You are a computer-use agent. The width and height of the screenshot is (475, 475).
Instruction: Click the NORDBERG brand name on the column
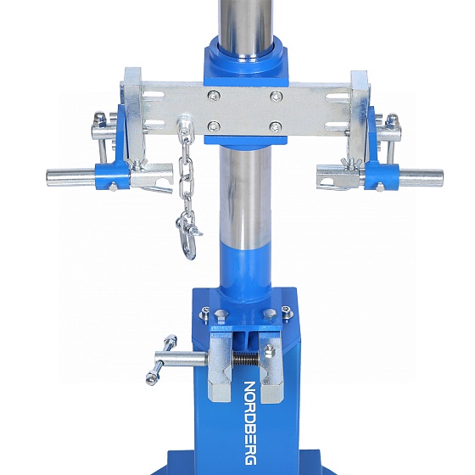pyautogui.click(x=250, y=424)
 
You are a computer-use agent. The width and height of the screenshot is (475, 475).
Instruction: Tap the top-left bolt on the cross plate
pyautogui.click(x=214, y=96)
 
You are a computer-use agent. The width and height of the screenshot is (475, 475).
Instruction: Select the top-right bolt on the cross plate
pyautogui.click(x=276, y=97)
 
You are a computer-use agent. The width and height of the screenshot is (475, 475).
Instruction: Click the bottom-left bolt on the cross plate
pyautogui.click(x=214, y=126)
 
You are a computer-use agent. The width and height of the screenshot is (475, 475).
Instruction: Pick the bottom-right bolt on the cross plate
pyautogui.click(x=276, y=127)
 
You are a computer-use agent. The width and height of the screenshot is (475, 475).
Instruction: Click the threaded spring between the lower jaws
pyautogui.click(x=246, y=360)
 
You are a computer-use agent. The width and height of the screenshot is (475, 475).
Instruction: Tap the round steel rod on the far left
pyautogui.click(x=71, y=178)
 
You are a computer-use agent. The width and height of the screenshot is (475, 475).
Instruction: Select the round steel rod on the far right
pyautogui.click(x=421, y=178)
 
